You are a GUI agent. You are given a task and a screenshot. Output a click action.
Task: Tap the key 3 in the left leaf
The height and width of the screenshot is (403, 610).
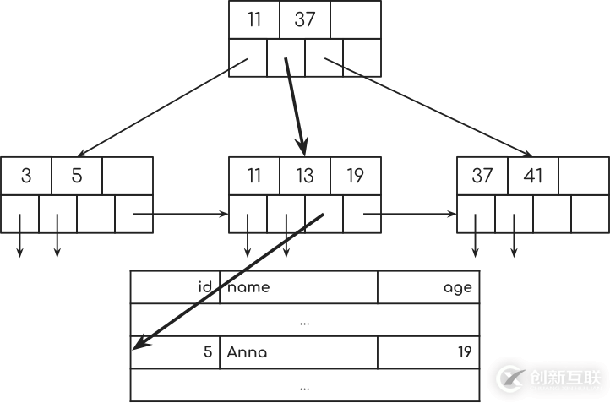point(26,176)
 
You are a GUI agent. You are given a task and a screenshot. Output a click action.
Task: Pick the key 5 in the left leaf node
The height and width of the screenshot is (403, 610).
point(77,176)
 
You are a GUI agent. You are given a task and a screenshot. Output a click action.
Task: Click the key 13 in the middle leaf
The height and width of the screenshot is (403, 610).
point(305,176)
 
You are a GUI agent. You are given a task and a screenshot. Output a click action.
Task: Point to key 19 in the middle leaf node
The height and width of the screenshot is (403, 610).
point(356,176)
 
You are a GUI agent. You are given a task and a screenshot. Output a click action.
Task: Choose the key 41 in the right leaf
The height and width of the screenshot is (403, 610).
point(533,176)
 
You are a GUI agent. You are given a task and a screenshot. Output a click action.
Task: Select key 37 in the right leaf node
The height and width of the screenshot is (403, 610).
point(482,176)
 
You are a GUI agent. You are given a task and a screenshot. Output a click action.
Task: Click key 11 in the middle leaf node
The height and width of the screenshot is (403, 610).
point(254,176)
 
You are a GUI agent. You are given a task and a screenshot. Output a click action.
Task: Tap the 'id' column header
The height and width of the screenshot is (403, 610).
point(204,287)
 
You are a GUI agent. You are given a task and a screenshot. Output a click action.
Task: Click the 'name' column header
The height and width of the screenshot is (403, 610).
point(249,287)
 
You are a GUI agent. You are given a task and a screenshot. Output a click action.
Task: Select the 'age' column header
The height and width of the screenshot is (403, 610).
point(457,287)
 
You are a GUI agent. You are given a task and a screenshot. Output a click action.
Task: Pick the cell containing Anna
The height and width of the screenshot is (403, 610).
point(247,352)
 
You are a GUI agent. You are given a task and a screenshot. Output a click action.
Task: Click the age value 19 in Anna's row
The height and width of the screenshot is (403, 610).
point(463,352)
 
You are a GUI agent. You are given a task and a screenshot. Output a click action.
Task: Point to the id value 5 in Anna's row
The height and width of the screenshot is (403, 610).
point(208,352)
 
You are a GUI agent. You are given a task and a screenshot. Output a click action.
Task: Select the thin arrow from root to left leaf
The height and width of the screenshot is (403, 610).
point(161,108)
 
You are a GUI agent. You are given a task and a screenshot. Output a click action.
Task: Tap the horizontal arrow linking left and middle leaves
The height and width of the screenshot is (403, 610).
point(182,214)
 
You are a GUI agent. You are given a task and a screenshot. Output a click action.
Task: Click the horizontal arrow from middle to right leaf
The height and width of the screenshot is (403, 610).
point(410,214)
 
